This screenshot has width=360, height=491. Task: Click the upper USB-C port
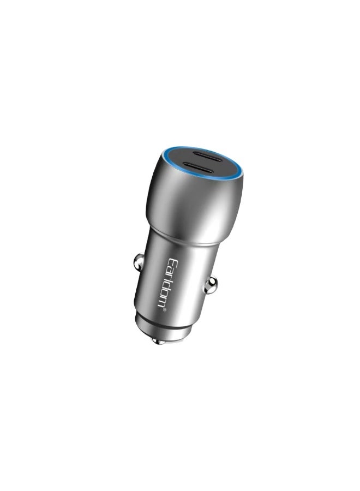click(203, 155)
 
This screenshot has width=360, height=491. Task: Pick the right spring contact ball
click(211, 283)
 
